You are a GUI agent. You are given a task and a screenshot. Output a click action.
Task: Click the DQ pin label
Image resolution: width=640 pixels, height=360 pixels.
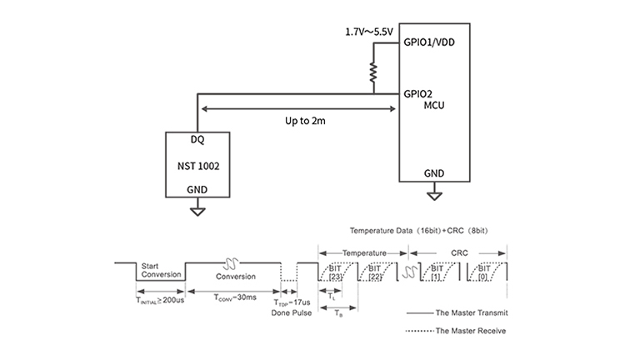point(197,139)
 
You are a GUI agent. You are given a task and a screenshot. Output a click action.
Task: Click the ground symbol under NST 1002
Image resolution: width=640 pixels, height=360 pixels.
point(197,211)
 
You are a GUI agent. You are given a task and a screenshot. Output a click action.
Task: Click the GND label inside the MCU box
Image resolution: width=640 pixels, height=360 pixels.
point(433,173)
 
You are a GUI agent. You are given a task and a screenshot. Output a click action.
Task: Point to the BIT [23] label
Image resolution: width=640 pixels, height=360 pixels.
point(336,271)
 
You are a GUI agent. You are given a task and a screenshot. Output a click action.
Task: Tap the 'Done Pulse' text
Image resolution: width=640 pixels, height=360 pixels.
point(292,312)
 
